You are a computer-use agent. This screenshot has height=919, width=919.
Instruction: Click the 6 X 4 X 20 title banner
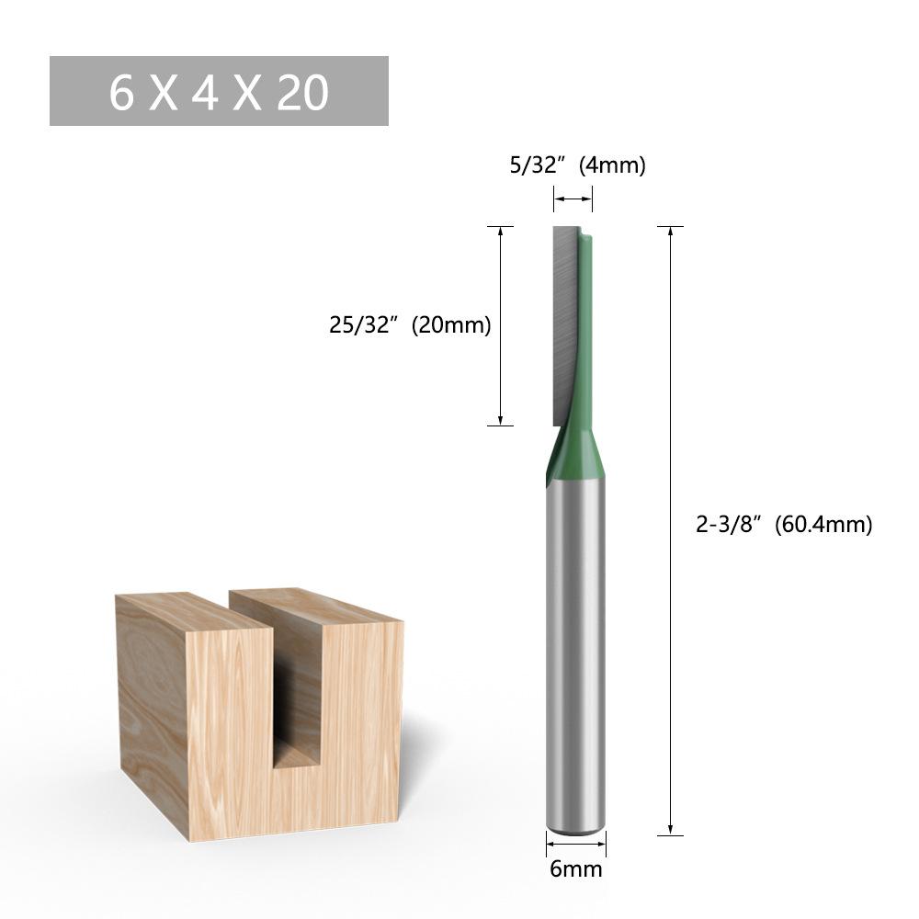(x=219, y=91)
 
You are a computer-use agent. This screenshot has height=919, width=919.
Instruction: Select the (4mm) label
(x=612, y=165)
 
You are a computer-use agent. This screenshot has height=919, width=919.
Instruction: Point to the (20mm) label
(x=450, y=324)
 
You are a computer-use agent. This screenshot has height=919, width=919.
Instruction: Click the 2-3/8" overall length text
(x=728, y=525)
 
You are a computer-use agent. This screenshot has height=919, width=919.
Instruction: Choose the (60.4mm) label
(x=823, y=525)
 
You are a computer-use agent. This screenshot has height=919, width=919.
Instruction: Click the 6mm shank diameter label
(x=575, y=868)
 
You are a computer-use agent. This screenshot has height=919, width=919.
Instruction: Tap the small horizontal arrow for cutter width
(x=573, y=199)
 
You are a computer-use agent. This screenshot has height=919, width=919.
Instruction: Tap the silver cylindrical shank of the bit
(x=575, y=643)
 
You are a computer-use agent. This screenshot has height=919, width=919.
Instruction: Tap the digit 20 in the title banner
(x=302, y=92)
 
